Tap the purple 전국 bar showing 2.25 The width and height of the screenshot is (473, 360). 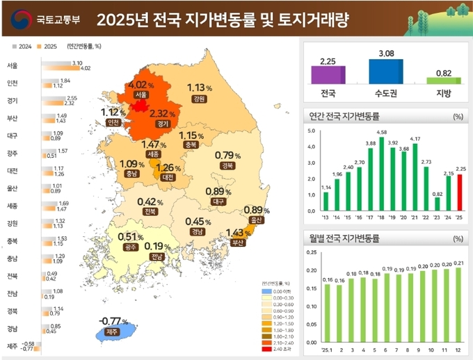328,75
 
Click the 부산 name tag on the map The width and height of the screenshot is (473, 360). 239,243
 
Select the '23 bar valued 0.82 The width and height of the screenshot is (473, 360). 437,203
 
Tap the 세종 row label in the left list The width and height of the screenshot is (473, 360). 12,206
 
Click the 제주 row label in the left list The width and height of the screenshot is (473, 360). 12,345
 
